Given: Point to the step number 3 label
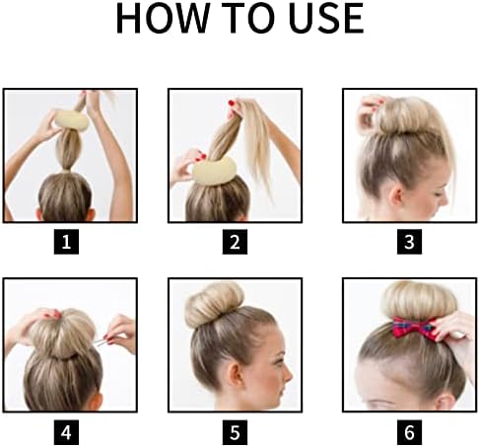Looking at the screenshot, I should [406, 240].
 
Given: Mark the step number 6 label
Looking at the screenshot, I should [406, 431].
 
